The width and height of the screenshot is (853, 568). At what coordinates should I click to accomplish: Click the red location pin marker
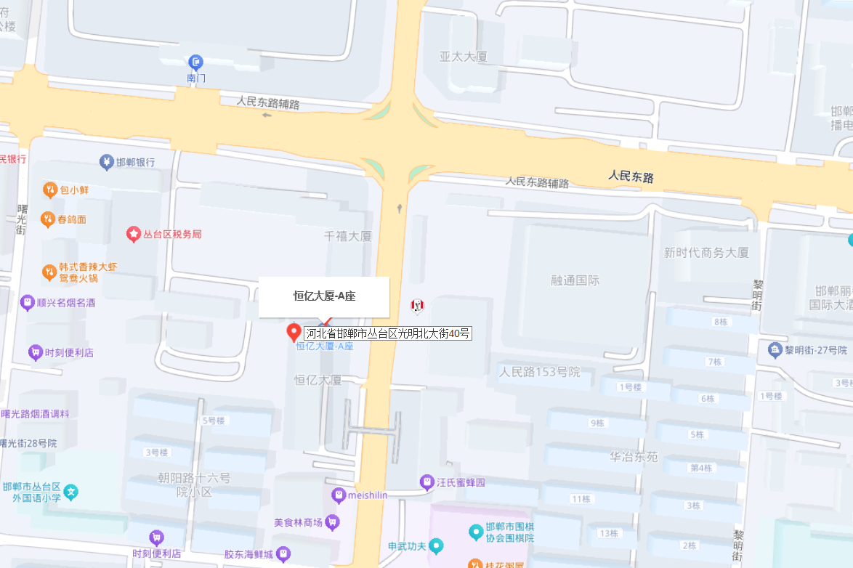point(294,333)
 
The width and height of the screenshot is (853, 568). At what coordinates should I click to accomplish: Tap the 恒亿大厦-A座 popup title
point(324,296)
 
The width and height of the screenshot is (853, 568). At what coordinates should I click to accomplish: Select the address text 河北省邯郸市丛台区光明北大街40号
point(388,333)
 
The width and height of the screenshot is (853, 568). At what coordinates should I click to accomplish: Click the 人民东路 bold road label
point(631,176)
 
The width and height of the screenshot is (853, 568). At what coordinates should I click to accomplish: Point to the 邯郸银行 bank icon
point(107,161)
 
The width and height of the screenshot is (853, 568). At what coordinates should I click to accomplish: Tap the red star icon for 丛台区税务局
point(134,234)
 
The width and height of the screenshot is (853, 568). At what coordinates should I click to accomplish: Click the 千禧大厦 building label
point(347,236)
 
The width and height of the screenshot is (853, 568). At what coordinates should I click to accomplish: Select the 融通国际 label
point(575,280)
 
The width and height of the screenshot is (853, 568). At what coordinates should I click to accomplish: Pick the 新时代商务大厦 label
point(706,253)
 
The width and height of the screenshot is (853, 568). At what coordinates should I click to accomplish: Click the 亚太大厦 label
point(463,56)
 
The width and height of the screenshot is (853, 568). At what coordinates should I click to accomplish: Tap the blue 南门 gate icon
point(195,62)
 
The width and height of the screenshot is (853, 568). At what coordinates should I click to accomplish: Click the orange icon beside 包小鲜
point(49,190)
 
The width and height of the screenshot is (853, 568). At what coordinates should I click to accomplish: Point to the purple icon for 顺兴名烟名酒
point(27,302)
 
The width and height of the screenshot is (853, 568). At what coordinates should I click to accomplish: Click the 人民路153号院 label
point(540,372)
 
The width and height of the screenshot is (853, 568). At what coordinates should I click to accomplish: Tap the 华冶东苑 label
point(634,457)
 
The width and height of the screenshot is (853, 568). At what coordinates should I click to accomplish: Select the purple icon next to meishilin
point(338,495)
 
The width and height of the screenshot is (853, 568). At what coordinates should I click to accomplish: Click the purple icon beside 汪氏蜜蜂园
point(427,482)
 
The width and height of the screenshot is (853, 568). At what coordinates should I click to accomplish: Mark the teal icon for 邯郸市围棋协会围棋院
point(476,532)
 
